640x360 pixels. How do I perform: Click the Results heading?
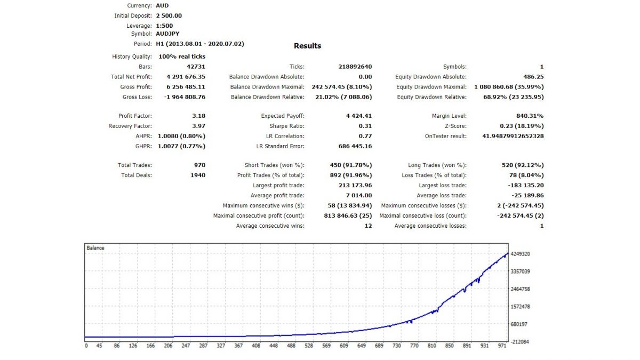(x=308, y=46)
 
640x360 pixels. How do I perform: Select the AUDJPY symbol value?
(x=168, y=34)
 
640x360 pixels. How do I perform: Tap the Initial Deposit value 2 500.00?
(x=169, y=15)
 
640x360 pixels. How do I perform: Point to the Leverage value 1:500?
(x=164, y=26)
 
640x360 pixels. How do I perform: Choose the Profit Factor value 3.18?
(x=199, y=116)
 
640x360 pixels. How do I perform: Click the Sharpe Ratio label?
(x=287, y=126)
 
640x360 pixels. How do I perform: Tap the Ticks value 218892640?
(x=355, y=67)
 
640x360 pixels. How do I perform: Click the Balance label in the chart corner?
(x=95, y=248)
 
